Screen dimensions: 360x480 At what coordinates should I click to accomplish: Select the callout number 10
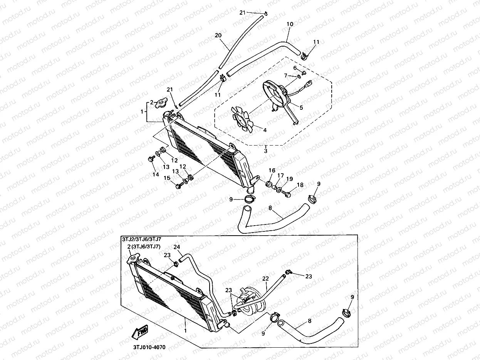click(x=290, y=24)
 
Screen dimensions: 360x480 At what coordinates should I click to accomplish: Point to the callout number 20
click(x=218, y=35)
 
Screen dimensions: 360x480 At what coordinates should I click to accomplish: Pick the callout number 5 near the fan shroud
click(x=301, y=108)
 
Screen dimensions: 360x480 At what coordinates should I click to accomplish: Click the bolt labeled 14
click(x=150, y=159)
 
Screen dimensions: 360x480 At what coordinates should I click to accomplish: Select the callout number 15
click(x=167, y=178)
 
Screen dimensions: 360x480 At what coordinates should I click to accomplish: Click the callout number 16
click(x=272, y=171)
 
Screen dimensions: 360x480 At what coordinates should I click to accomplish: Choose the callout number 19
click(x=289, y=179)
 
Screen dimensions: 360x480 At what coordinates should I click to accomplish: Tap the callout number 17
click(x=280, y=176)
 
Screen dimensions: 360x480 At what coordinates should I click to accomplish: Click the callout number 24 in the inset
click(x=177, y=247)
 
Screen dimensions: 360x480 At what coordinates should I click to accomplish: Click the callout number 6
click(x=295, y=68)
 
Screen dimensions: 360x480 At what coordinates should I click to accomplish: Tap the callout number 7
click(x=286, y=75)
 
